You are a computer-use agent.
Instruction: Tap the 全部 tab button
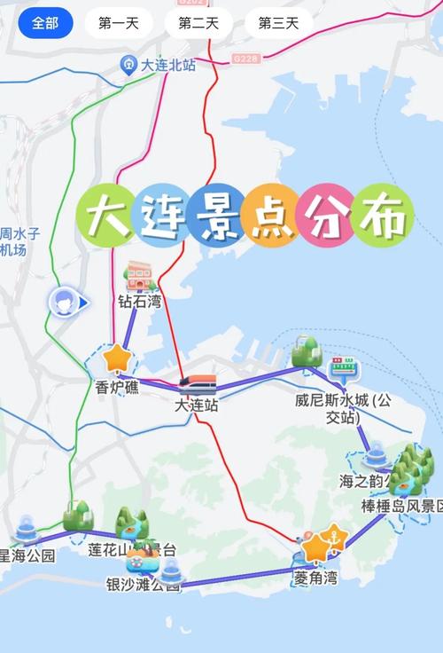(x=45, y=23)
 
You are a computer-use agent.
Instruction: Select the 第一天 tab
(x=119, y=23)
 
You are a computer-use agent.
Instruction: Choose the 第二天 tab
(x=198, y=23)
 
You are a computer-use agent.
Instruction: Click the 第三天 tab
(x=278, y=23)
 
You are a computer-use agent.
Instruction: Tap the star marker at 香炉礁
(x=115, y=358)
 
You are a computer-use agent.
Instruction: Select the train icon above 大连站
(x=198, y=384)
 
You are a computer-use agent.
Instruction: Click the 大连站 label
(x=196, y=405)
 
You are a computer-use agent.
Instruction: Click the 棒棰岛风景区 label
(x=401, y=506)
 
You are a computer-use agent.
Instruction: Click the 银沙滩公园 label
(x=143, y=585)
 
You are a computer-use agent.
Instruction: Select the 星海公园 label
(x=26, y=556)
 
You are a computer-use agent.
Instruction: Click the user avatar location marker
(x=63, y=303)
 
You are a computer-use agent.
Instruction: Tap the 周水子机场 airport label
(x=19, y=242)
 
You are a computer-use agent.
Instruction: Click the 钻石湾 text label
(x=141, y=302)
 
